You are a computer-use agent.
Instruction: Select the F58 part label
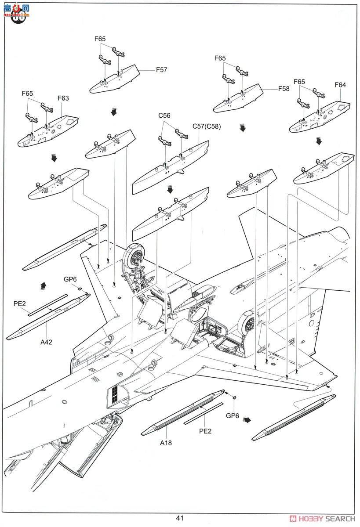click(x=284, y=88)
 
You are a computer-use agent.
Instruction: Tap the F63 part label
click(x=63, y=98)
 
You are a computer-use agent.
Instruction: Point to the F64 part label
click(x=340, y=85)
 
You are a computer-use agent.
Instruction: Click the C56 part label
click(x=164, y=116)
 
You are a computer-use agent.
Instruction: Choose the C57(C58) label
click(x=206, y=126)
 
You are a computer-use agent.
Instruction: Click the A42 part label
click(x=47, y=342)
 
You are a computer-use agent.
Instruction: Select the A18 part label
click(x=166, y=443)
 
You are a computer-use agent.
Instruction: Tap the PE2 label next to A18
click(x=205, y=431)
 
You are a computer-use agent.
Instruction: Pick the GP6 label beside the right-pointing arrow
click(x=232, y=415)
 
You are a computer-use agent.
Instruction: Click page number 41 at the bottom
click(x=180, y=518)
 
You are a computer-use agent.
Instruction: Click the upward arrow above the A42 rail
click(x=43, y=286)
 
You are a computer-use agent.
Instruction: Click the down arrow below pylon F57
click(x=114, y=112)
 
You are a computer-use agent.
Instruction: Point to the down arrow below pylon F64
click(x=319, y=141)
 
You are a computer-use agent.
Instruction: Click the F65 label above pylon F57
click(x=100, y=39)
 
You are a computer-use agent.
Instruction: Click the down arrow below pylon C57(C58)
click(x=170, y=189)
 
